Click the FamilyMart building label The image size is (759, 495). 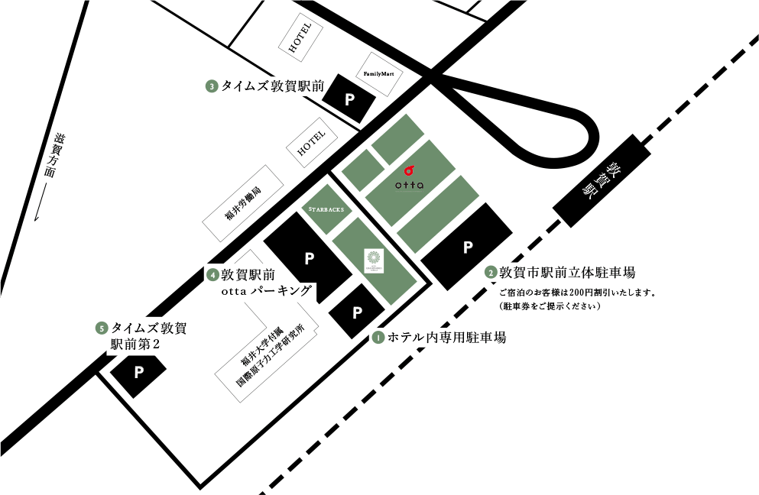pos(380,73)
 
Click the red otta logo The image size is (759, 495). pos(409,171)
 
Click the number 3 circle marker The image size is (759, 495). pos(211,86)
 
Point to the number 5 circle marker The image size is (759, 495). pos(101,328)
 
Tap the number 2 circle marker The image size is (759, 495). pos(490,272)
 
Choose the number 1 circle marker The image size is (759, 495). pos(378,336)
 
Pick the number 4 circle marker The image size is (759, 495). pos(212,273)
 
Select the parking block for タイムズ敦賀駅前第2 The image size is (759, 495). pos(139,372)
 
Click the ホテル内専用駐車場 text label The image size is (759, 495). pos(446,337)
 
